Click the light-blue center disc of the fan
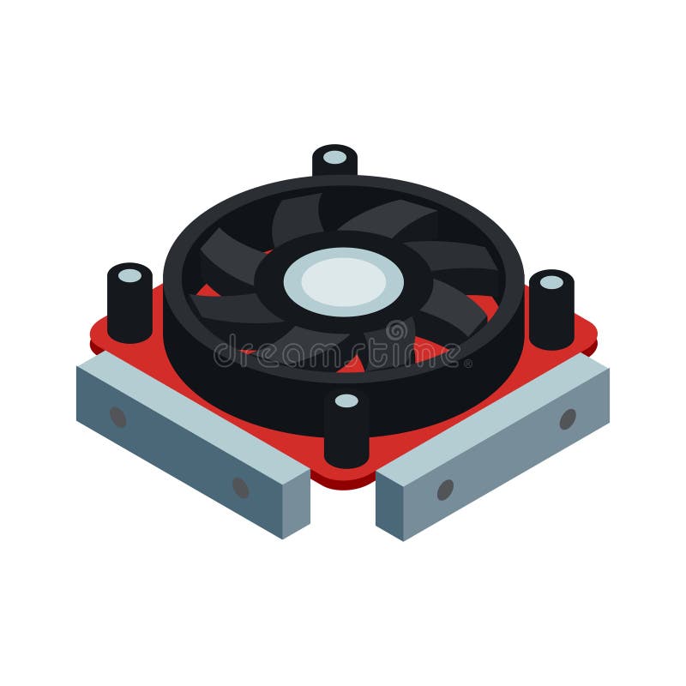coord(343,281)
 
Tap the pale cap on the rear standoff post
coord(334,157)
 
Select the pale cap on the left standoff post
coord(129,275)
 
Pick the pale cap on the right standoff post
coord(551,282)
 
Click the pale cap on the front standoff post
coord(346,400)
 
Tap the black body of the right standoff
coord(551,317)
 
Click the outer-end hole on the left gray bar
coord(117,417)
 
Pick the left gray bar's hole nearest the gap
coord(241,487)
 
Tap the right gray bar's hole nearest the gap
coord(445,490)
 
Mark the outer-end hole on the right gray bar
coord(568,419)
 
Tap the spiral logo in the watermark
coord(397,331)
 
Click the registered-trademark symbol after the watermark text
coord(468,364)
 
